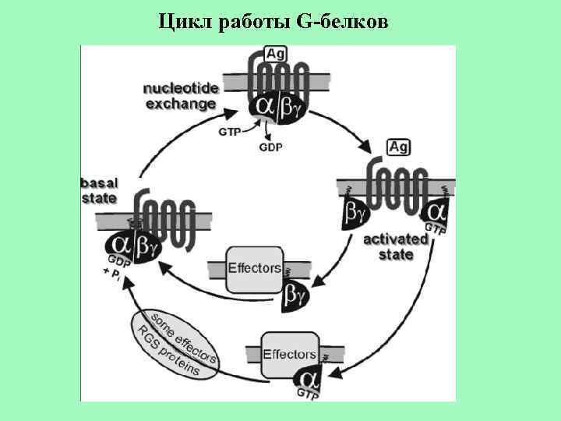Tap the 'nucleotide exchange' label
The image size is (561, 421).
[179, 96]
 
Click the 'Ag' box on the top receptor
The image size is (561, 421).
[275, 54]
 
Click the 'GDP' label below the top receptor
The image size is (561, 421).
[270, 146]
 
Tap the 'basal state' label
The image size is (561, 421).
[99, 189]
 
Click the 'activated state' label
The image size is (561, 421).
[396, 246]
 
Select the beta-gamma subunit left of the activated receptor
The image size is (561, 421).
[354, 211]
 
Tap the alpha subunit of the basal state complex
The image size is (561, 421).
[122, 244]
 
